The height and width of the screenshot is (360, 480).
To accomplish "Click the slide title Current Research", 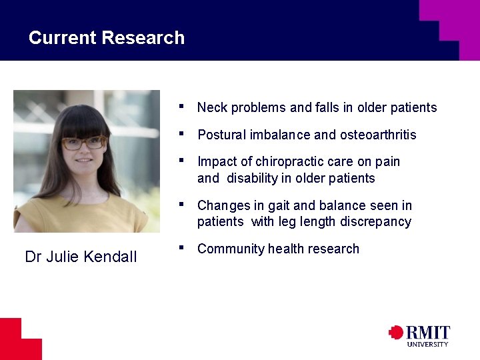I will pyautogui.click(x=107, y=38).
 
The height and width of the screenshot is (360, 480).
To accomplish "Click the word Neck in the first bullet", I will pyautogui.click(x=212, y=107).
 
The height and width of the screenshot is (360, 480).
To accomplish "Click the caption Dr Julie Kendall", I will pyautogui.click(x=81, y=257).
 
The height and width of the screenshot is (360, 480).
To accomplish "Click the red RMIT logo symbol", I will pyautogui.click(x=396, y=332).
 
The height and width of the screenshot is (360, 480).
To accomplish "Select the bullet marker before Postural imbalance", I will pyautogui.click(x=182, y=133).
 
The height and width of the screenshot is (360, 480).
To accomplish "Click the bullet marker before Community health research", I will pyautogui.click(x=182, y=247).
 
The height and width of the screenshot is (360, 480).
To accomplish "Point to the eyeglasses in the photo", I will pyautogui.click(x=84, y=143).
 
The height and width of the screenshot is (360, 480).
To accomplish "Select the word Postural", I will pyautogui.click(x=221, y=135).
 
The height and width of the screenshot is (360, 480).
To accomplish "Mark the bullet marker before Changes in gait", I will pyautogui.click(x=182, y=204).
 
